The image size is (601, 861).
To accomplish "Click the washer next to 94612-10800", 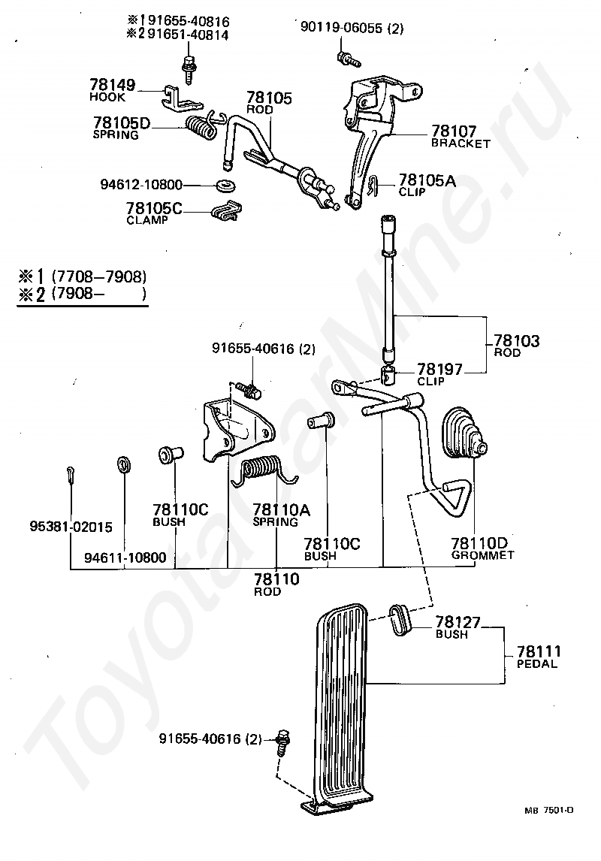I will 224,184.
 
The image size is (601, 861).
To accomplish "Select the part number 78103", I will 516,341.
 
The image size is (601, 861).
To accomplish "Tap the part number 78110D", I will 479,543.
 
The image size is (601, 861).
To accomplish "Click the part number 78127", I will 458,622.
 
